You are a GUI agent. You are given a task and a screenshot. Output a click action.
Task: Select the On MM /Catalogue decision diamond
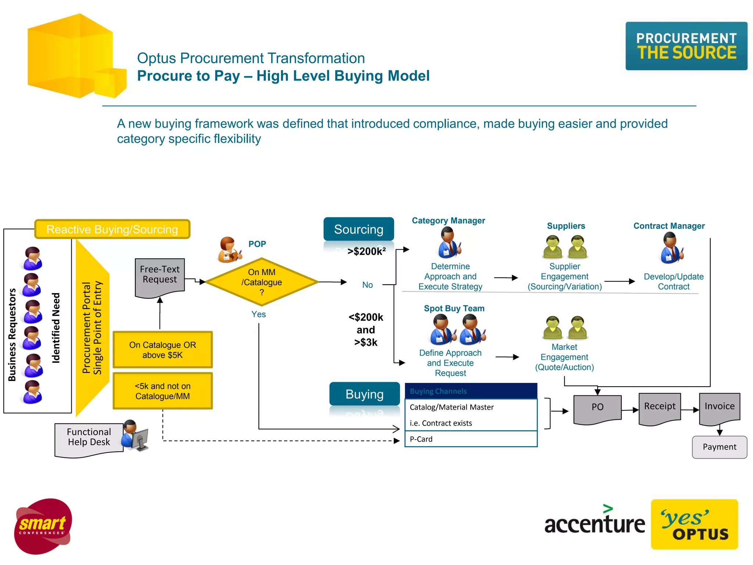[261, 282]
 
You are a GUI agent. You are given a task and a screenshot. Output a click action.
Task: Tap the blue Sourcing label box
[358, 229]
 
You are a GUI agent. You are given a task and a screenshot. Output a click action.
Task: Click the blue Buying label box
[364, 394]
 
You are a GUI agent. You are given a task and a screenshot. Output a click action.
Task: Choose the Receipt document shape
[660, 407]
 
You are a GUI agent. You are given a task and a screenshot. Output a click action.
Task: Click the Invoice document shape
[719, 407]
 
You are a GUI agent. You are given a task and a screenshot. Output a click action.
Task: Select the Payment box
[719, 447]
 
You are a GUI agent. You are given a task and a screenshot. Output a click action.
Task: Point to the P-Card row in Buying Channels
[471, 439]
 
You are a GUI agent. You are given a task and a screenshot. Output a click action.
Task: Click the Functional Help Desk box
[89, 438]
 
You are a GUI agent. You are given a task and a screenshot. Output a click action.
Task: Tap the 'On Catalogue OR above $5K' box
[163, 350]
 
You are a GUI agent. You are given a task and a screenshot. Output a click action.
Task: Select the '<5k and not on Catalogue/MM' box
[163, 391]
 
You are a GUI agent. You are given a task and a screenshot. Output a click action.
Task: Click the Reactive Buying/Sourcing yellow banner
[112, 229]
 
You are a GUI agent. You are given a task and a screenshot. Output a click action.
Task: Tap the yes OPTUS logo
[694, 524]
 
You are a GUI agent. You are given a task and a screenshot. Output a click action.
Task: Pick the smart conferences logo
[43, 526]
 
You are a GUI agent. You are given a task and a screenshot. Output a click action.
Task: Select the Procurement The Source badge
[686, 46]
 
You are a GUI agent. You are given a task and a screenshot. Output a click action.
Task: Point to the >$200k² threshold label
[367, 252]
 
